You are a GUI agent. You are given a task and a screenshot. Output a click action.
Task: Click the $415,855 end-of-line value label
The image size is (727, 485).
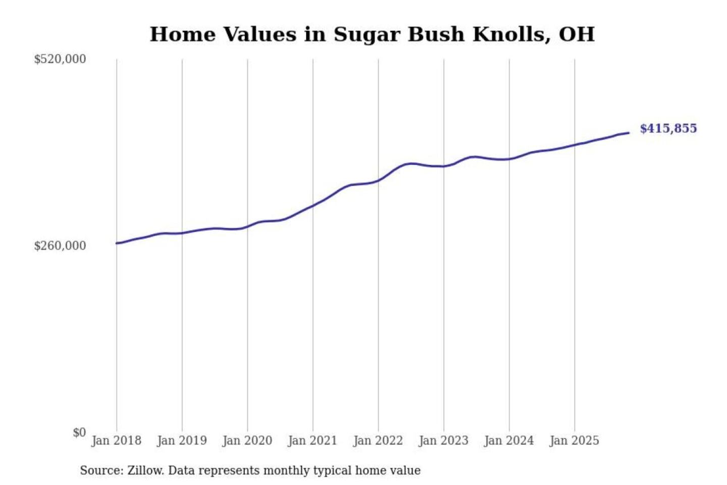click(668, 128)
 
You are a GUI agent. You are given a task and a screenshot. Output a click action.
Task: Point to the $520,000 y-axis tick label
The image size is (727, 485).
click(60, 59)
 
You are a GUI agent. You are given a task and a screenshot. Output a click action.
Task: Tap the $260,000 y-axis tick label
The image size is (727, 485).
click(60, 246)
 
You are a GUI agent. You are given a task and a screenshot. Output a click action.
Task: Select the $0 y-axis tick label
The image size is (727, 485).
click(79, 432)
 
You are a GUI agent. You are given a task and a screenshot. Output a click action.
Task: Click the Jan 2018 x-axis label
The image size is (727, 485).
click(116, 441)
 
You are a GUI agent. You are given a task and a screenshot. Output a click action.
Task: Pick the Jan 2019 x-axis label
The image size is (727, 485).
click(182, 441)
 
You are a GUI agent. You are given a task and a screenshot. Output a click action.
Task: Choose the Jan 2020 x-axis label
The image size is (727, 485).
click(247, 441)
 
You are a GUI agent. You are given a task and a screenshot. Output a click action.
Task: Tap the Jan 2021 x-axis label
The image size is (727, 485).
click(313, 441)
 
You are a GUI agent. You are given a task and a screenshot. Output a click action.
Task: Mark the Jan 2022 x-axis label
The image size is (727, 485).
click(378, 441)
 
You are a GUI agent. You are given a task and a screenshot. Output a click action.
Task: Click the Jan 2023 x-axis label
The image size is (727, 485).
click(443, 441)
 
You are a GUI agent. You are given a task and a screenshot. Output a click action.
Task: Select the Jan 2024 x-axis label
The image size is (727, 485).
click(508, 441)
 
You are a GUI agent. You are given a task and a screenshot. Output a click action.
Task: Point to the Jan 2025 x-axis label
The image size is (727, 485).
click(574, 441)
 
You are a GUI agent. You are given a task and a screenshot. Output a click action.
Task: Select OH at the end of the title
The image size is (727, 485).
click(577, 34)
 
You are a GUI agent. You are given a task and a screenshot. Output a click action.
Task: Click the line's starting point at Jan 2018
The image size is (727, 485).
click(117, 243)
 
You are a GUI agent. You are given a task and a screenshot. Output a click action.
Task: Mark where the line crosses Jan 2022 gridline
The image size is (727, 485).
click(378, 180)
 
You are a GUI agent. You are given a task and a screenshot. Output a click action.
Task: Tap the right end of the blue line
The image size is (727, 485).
click(629, 133)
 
